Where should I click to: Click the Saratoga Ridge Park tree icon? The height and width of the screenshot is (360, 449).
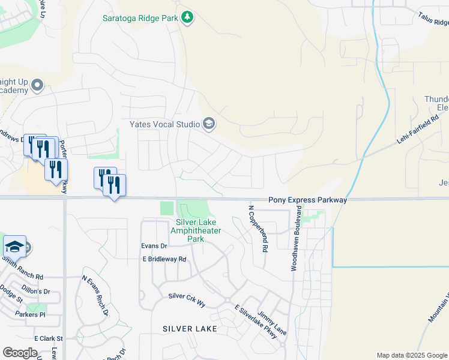tap(188, 17)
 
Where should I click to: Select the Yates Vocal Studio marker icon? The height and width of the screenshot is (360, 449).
tap(209, 124)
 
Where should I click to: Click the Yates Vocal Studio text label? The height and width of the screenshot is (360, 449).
tap(164, 124)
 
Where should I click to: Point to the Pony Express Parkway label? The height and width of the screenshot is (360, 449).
tap(307, 199)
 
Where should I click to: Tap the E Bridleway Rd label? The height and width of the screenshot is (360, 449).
tap(164, 259)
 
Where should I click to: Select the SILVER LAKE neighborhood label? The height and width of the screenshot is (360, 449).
tap(189, 329)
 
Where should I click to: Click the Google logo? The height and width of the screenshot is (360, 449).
tap(20, 353)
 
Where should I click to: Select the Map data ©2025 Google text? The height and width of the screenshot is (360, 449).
tap(411, 355)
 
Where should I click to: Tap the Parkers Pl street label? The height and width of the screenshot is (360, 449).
tap(30, 314)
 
